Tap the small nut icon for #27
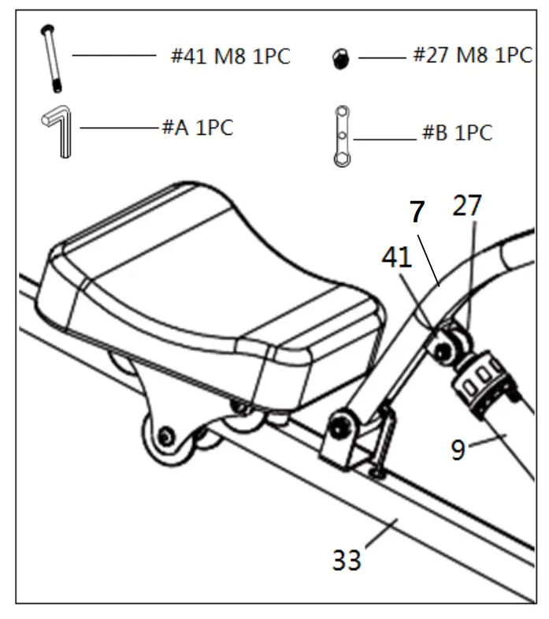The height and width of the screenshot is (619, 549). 341,58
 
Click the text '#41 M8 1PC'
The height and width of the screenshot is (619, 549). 230,57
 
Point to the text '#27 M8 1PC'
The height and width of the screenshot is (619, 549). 472,55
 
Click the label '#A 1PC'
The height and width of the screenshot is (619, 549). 197,128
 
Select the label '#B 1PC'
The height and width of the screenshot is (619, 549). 457,132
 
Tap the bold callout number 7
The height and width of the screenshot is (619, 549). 417,211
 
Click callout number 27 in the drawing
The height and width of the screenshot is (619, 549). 467,207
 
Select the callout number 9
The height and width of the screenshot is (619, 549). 459,449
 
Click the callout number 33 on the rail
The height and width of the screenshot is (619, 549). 347,560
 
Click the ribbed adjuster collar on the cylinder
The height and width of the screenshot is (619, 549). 480,378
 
